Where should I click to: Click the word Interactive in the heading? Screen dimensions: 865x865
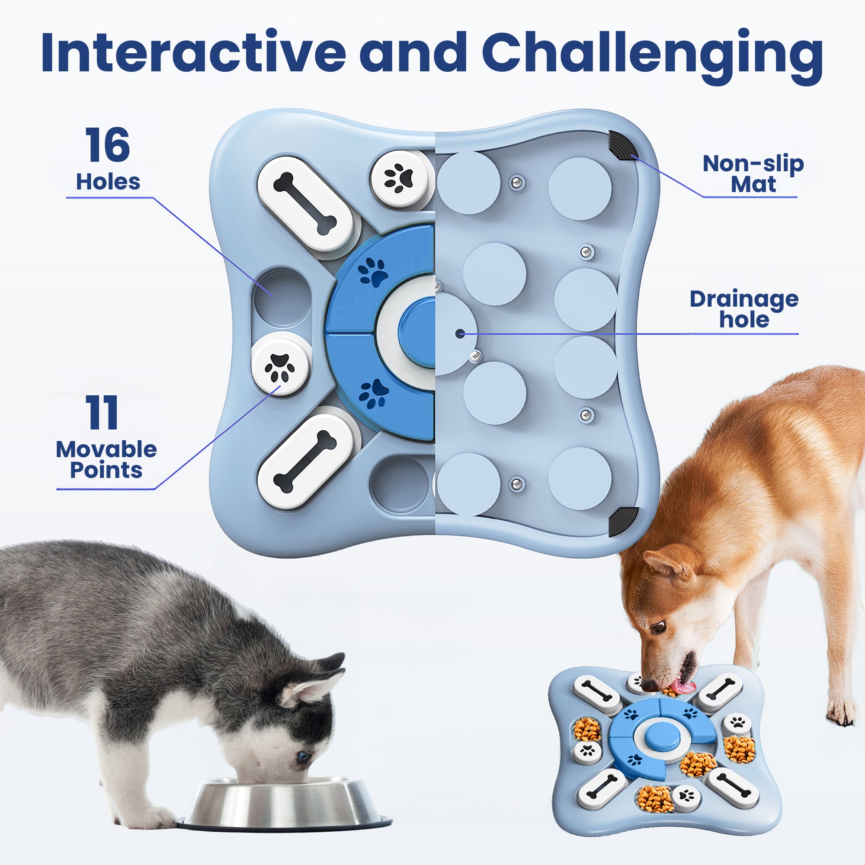coord(192,53)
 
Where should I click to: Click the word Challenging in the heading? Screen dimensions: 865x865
coord(651,53)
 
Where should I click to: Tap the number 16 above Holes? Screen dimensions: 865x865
coord(107,145)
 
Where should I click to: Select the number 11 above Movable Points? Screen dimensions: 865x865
coord(103,413)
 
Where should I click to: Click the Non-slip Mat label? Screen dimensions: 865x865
coord(753,174)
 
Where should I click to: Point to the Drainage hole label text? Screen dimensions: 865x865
coord(743,309)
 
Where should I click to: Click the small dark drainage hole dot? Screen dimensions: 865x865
coord(459,333)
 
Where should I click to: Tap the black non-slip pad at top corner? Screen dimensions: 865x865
coord(622,145)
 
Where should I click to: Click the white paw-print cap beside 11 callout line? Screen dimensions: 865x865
coord(280,364)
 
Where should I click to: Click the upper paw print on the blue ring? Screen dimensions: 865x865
coord(373,272)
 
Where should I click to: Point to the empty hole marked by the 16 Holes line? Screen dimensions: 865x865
coord(281,297)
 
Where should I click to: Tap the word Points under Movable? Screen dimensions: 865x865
coord(106,470)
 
